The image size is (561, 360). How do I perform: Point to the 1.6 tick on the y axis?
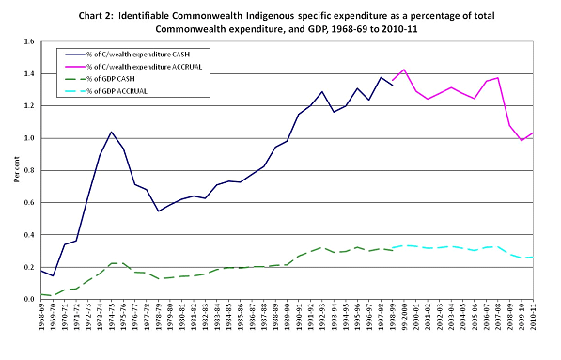[x=28, y=42]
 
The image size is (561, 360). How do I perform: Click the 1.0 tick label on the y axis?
[x=28, y=138]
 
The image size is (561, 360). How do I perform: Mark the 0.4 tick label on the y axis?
[x=28, y=235]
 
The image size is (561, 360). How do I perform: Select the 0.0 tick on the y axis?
[x=28, y=299]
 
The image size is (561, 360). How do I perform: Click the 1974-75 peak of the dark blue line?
[x=112, y=133]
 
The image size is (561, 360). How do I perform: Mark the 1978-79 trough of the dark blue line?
[x=159, y=211]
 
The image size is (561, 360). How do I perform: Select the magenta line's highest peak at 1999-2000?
[x=404, y=70]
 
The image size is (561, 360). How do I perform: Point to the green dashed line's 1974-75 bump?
[x=112, y=263]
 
